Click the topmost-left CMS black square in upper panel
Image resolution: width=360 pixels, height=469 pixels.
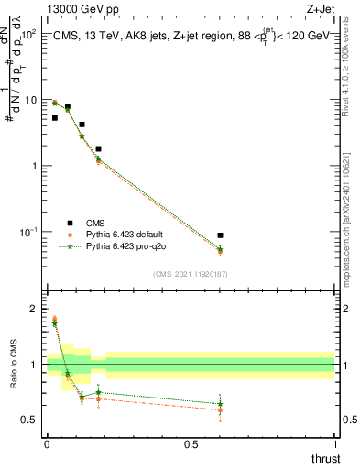(55, 118)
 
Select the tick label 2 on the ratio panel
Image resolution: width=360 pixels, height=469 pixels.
(34, 309)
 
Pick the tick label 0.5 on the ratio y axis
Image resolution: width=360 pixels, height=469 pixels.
(29, 420)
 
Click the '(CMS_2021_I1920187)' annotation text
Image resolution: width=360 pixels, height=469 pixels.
(190, 273)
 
